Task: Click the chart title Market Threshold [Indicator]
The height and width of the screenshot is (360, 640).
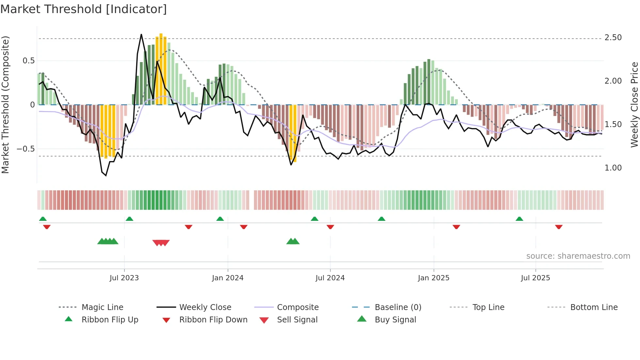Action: [x=84, y=9]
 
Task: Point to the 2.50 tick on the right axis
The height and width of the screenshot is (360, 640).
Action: [x=613, y=38]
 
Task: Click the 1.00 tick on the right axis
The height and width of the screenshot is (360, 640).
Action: [x=613, y=168]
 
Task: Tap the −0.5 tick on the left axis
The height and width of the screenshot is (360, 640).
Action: [x=25, y=149]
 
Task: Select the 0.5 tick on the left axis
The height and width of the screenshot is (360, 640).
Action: [x=28, y=61]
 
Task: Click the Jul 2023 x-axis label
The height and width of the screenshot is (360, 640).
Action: [x=124, y=278]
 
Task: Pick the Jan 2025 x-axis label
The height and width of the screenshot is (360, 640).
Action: [x=433, y=278]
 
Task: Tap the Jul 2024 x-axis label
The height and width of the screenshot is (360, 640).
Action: [x=330, y=278]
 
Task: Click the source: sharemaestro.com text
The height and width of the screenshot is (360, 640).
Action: [x=578, y=256]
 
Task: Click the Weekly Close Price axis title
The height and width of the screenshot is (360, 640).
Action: [x=634, y=105]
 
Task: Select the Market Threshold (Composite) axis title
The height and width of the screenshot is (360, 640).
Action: [x=5, y=105]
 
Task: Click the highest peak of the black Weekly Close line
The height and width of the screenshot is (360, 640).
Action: [x=141, y=34]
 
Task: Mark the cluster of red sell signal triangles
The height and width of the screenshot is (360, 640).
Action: [x=161, y=243]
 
